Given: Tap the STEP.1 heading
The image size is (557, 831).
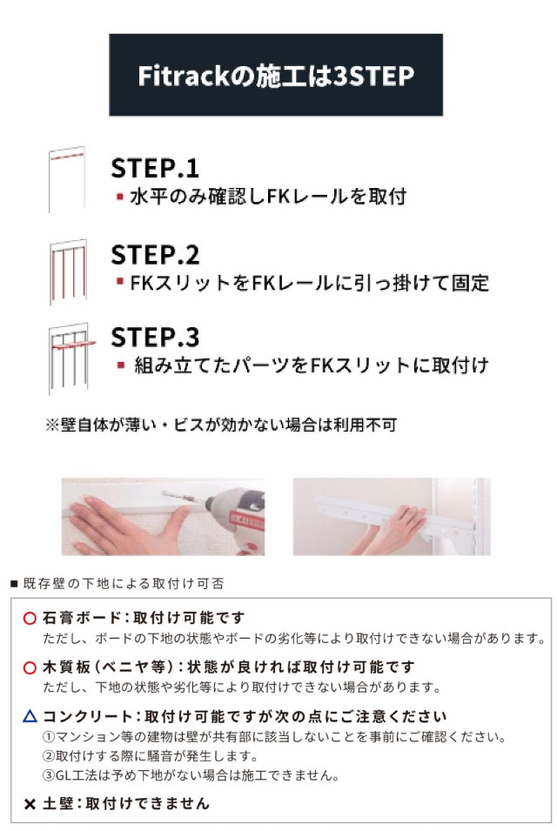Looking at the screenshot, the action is (155, 168).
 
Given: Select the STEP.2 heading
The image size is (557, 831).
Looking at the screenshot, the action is (155, 255).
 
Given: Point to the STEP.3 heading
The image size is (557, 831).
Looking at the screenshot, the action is (155, 337).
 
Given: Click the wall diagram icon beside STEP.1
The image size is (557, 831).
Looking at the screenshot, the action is (67, 179).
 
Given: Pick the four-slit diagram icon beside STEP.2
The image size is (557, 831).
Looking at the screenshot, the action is (68, 271).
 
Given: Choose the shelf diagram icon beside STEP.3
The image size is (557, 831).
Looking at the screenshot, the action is (71, 359).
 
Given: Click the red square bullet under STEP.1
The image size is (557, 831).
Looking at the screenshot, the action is (120, 197).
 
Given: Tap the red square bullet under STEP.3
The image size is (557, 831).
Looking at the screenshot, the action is (121, 365).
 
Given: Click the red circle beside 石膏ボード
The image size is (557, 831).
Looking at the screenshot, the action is (30, 618).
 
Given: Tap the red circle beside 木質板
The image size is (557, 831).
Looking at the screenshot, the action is (30, 667).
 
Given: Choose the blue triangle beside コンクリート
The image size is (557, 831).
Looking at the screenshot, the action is (30, 716).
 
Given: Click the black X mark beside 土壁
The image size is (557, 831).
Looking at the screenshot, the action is (30, 805).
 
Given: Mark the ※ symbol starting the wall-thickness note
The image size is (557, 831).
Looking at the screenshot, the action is (52, 425).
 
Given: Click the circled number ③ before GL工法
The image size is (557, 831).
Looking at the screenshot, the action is (49, 775).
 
